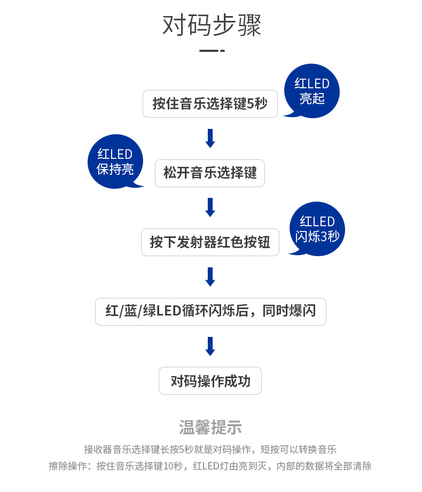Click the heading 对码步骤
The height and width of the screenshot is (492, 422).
pyautogui.click(x=212, y=26)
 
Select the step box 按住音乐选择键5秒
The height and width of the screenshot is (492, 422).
pyautogui.click(x=210, y=103)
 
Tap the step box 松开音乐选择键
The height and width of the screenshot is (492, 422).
pyautogui.click(x=210, y=173)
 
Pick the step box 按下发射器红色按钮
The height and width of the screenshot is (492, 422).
pyautogui.click(x=210, y=242)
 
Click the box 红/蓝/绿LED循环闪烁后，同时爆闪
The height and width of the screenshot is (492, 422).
pyautogui.click(x=210, y=311)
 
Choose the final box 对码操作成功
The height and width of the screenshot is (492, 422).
pyautogui.click(x=210, y=381)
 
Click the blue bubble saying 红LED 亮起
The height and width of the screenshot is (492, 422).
pyautogui.click(x=312, y=91)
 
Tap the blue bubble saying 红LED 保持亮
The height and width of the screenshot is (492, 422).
pyautogui.click(x=115, y=162)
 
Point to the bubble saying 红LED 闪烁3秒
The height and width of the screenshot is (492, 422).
pyautogui.click(x=317, y=229)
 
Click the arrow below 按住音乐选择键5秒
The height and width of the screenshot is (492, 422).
pyautogui.click(x=210, y=138)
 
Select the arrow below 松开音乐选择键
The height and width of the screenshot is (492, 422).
pyautogui.click(x=210, y=207)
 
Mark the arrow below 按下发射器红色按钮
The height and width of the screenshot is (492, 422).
pyautogui.click(x=210, y=277)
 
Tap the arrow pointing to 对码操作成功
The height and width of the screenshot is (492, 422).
pyautogui.click(x=210, y=346)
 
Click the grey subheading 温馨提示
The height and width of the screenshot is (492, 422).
pyautogui.click(x=210, y=427)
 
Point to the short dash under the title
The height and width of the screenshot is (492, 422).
pyautogui.click(x=212, y=51)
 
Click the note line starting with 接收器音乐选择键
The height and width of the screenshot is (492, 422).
pyautogui.click(x=210, y=449)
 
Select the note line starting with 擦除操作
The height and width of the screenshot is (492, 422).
pyautogui.click(x=210, y=466)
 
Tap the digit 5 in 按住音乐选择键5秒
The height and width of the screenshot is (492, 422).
pyautogui.click(x=251, y=104)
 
